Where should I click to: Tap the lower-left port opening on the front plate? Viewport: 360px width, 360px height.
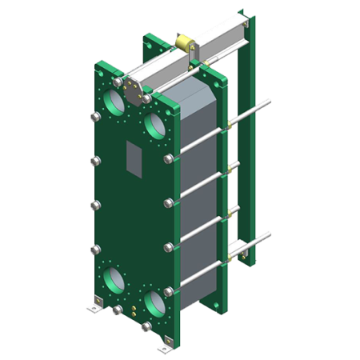pos(114,281)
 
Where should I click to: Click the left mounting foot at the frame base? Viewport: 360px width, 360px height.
pos(94,304)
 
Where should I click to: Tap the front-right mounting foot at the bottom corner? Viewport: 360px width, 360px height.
pos(166,346)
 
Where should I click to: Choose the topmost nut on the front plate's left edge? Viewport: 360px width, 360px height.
pos(93,117)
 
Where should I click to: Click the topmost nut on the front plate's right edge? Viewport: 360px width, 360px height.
pos(169,158)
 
